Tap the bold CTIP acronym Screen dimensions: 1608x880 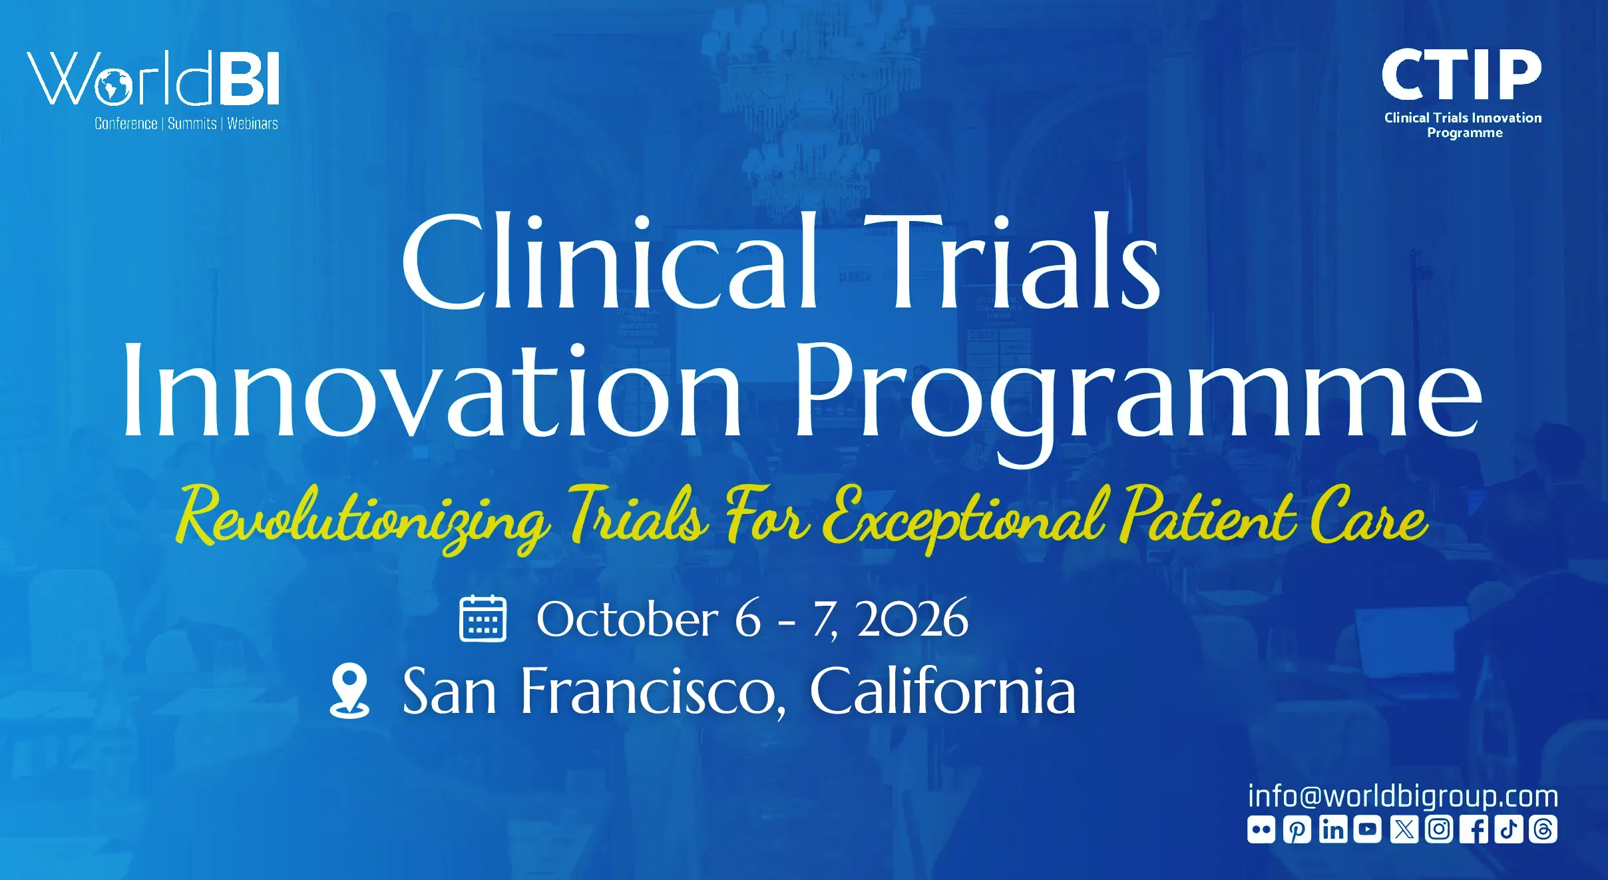[1462, 75]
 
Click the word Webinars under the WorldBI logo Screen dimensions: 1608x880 [253, 124]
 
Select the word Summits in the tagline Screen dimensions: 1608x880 [192, 124]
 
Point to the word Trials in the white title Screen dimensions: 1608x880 [1012, 261]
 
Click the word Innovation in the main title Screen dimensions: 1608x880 [431, 390]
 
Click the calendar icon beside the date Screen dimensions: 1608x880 [483, 618]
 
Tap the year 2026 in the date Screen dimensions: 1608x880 [912, 619]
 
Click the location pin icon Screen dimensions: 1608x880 [350, 691]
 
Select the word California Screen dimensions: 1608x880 [942, 691]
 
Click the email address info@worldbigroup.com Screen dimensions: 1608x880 [1403, 796]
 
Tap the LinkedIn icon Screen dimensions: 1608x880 [1333, 829]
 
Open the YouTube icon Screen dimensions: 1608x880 [1368, 829]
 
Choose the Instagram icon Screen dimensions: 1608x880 [1439, 829]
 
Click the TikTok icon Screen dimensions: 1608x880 [1509, 829]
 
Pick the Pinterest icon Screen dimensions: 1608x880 [1297, 829]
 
